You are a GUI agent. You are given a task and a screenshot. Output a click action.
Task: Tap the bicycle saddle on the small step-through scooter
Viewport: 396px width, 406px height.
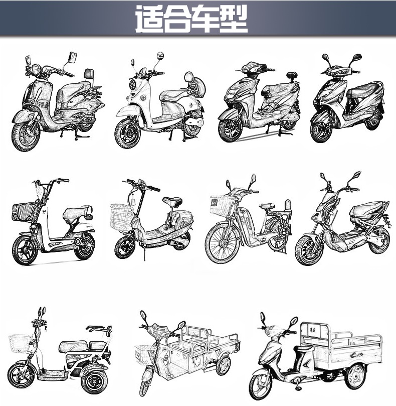click(x=172, y=202)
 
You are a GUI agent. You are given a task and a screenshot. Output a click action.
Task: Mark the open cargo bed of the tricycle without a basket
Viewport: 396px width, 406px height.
click(x=341, y=346)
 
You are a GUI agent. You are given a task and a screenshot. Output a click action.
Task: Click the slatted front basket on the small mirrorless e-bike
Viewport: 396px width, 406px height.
click(x=25, y=211)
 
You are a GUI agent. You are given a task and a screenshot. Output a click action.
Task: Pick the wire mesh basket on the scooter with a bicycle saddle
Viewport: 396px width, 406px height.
click(x=122, y=216)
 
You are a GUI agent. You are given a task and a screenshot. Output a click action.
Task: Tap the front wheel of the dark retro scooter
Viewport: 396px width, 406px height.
click(x=25, y=134)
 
